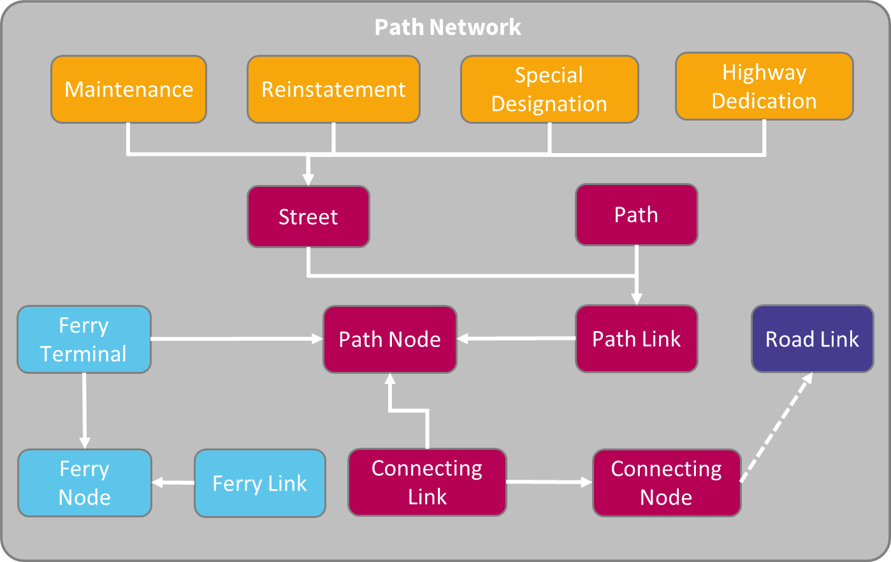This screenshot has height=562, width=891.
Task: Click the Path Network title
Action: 447,27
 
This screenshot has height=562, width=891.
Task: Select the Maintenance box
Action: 129,89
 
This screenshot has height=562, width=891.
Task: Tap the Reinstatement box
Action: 333,89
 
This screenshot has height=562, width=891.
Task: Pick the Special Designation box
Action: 549,89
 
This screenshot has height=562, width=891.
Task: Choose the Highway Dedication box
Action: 764,86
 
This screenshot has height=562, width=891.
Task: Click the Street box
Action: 308,217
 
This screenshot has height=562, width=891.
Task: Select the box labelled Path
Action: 636,215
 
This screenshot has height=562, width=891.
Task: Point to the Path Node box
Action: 390,339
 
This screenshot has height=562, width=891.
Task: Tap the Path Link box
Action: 636,339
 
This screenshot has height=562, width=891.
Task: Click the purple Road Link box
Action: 812,339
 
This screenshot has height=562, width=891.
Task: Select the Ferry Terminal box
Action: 84,339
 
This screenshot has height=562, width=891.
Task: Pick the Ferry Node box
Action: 85,483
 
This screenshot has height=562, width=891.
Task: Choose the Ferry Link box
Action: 260,484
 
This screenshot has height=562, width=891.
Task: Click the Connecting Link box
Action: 427,482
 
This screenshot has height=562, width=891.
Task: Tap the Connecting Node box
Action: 666,483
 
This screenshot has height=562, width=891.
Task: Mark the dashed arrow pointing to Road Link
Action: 776,428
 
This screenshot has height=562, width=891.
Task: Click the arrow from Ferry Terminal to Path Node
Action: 236,339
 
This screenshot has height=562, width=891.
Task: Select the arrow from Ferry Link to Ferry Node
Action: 173,483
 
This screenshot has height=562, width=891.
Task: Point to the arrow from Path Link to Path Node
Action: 516,339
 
